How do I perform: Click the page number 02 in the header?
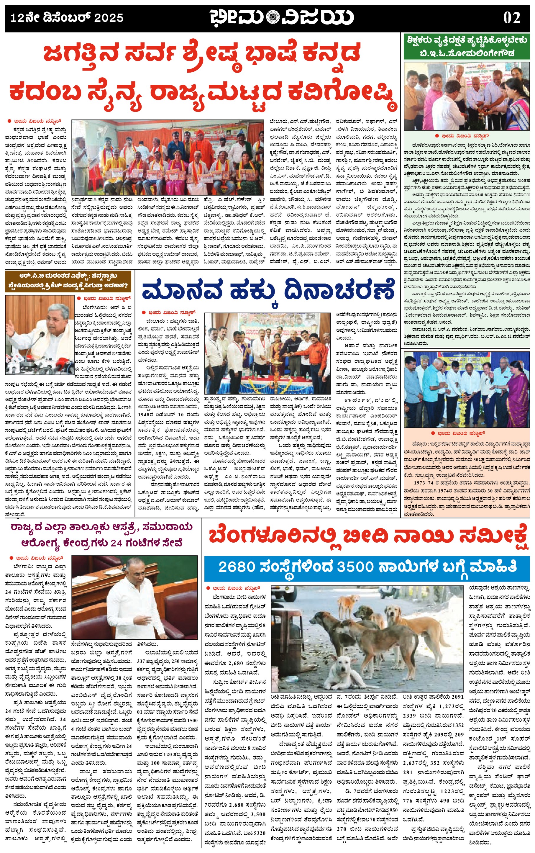coord(512,18)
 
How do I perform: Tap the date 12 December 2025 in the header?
coord(67,18)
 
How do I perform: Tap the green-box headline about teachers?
coord(467,47)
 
